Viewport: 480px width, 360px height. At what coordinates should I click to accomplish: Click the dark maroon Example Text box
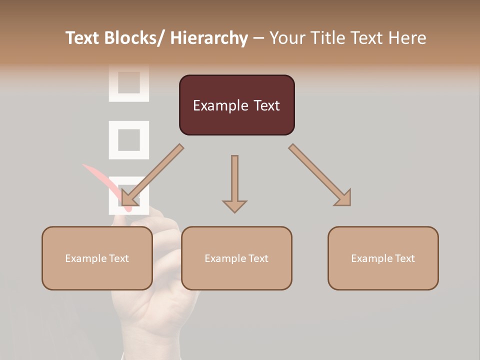tap(236, 105)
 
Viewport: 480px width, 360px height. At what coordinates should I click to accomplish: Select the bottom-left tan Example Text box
tap(97, 258)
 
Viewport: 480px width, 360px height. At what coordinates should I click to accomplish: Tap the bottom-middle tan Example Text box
tap(236, 258)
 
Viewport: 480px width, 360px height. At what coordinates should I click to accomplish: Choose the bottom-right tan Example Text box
tap(383, 258)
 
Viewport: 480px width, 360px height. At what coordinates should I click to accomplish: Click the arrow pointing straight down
tap(234, 183)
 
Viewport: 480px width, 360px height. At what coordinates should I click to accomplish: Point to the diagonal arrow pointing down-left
tap(152, 175)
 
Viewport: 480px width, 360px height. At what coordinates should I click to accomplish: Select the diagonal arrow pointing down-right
tap(319, 175)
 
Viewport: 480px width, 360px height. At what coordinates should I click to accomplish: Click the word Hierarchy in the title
tap(209, 38)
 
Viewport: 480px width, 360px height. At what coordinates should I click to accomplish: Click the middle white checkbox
tap(129, 140)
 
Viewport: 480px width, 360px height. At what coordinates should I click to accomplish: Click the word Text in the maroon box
tap(266, 105)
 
